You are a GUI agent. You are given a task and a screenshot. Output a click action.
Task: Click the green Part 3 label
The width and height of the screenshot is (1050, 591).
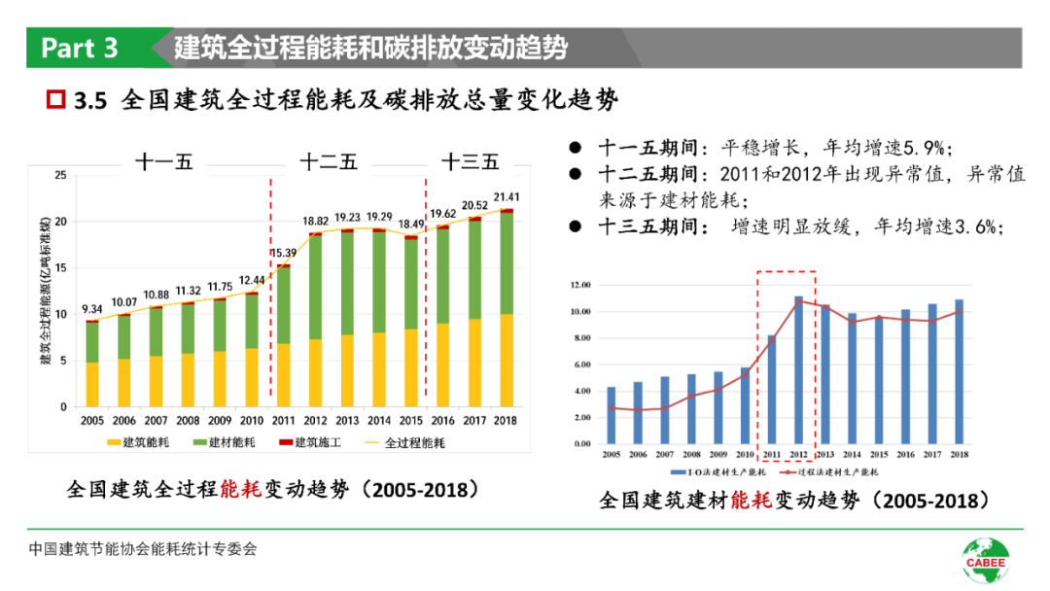pos(81,48)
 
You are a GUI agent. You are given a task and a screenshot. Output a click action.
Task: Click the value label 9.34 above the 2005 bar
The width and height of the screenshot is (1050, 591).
pos(91,310)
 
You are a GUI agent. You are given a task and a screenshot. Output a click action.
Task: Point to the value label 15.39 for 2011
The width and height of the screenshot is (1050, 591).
pos(283,254)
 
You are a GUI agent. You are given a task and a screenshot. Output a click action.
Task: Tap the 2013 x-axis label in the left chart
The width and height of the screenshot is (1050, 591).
pos(347,420)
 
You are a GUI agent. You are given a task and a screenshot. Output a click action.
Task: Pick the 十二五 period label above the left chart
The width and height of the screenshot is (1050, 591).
pos(328,161)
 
